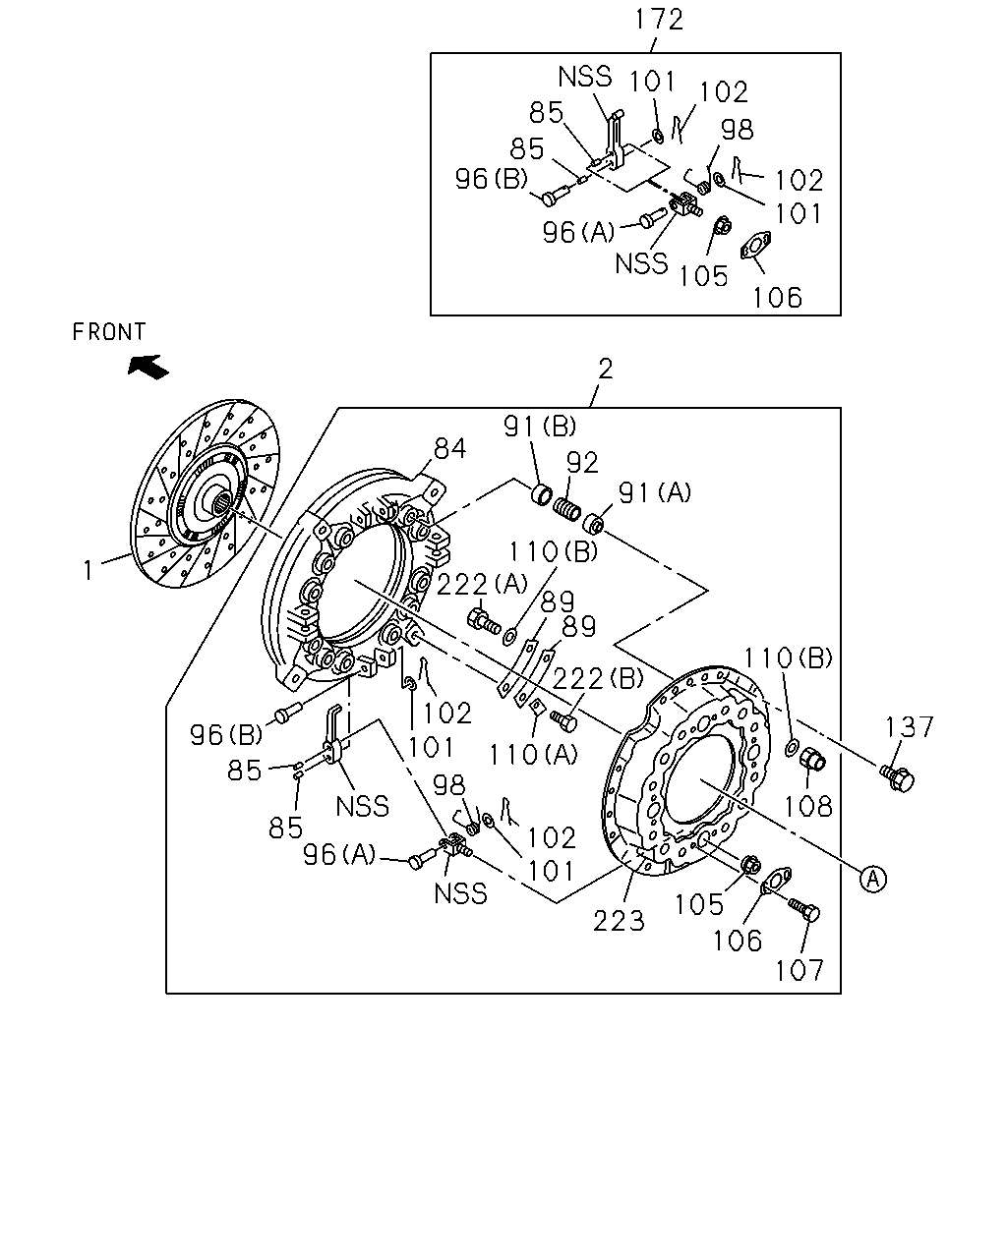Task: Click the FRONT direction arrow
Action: (148, 368)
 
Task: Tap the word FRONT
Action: (109, 332)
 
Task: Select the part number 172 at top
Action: (659, 20)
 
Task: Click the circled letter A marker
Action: (873, 879)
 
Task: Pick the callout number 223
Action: (619, 921)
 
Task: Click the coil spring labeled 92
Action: (566, 508)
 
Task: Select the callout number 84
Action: (450, 449)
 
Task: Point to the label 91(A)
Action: (655, 492)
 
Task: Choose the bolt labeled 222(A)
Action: (484, 621)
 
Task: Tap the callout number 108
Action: (807, 807)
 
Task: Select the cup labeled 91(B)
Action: (541, 495)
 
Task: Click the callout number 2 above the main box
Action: (606, 369)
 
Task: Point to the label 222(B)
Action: (598, 678)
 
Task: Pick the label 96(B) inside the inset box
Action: (492, 179)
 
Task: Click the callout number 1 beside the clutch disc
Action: (88, 570)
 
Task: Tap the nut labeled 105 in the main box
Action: (750, 864)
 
